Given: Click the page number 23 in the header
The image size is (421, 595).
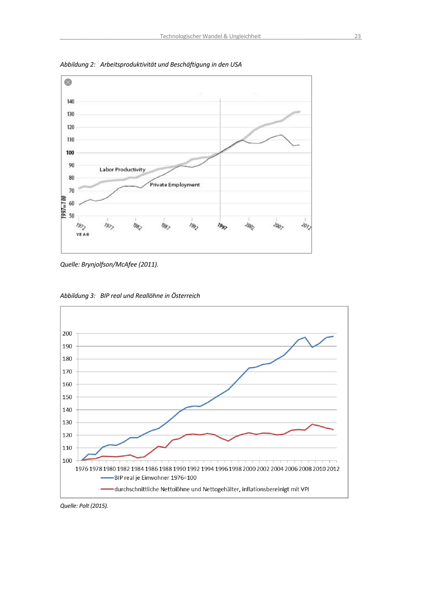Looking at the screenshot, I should coord(357,36).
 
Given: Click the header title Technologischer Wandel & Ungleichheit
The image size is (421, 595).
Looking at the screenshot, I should coord(210,36).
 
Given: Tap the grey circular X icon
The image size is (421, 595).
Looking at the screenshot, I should coord(68,82).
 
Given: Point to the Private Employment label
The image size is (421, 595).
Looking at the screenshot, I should coord(175,185).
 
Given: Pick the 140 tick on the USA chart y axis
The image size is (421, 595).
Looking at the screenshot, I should coord(71,102).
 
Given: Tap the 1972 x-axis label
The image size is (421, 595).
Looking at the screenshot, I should coord(81,226).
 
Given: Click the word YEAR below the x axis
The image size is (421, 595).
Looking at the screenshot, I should coord(83,235).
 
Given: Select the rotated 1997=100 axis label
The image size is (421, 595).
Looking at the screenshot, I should coord(64,207).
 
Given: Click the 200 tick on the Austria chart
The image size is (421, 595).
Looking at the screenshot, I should coord(67,333).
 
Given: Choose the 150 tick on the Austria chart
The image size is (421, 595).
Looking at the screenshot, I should coord(67,397).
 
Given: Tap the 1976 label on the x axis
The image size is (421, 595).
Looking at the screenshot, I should coord(82,469).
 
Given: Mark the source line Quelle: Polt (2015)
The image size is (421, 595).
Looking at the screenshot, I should coord(84,506).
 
